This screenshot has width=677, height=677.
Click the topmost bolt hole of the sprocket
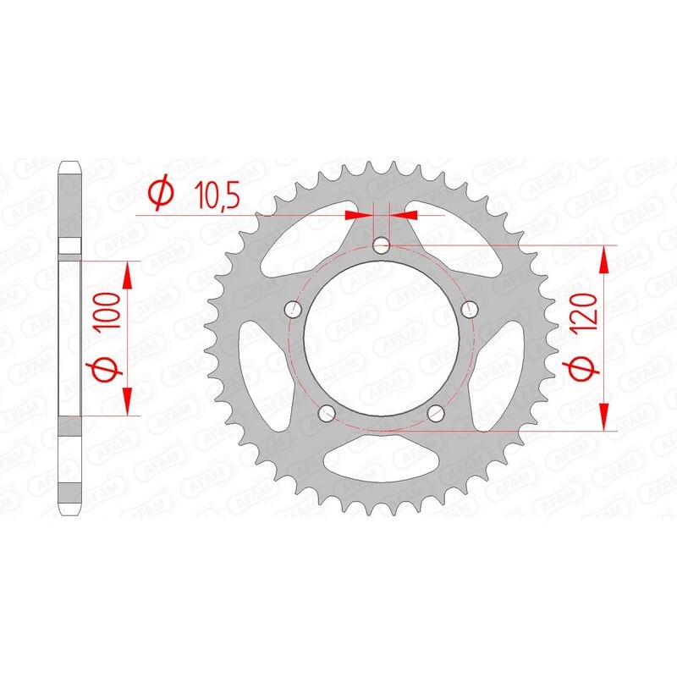tap(382, 246)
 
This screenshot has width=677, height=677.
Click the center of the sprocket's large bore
tap(381, 338)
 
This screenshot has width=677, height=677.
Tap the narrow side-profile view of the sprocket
tap(69, 338)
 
